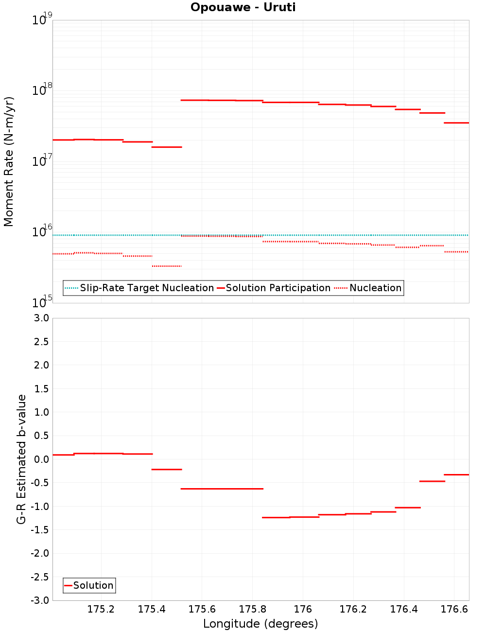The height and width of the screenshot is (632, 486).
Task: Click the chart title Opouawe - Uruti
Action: coord(243,7)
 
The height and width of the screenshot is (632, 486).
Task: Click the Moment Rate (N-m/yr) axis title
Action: coord(9,161)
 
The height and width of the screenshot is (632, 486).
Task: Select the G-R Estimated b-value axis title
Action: coord(21,459)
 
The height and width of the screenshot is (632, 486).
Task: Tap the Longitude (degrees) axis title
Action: coord(260,624)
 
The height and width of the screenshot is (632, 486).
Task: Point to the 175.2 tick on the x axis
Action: coord(101,609)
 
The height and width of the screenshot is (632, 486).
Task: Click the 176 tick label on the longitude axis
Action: coord(303,609)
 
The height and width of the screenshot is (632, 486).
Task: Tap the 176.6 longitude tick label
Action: coord(454,609)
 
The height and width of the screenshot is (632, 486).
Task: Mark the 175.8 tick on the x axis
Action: coord(252,609)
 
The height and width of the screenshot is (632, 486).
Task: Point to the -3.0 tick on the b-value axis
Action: coord(39,600)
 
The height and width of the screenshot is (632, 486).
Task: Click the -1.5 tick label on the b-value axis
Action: coord(39,530)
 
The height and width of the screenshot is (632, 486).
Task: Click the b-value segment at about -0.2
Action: coord(167,469)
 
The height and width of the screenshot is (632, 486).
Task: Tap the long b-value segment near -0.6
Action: coord(222,489)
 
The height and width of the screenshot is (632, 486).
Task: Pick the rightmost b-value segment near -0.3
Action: coord(456,474)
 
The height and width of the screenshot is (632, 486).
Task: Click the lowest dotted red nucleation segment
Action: coord(167,266)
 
